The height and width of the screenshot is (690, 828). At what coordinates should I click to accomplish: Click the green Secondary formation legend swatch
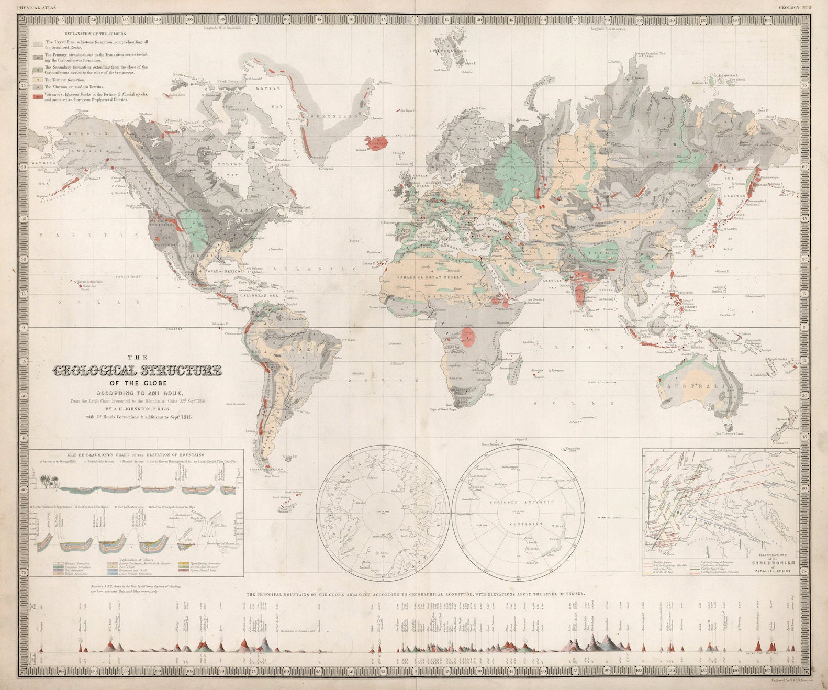click(x=38, y=69)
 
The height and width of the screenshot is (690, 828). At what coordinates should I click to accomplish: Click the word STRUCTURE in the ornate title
click(x=180, y=371)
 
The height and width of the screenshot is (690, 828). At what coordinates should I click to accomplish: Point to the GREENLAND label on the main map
click(x=335, y=116)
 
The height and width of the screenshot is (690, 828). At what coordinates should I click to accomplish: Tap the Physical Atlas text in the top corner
click(x=36, y=8)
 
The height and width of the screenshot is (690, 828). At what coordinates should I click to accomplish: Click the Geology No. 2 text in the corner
click(x=793, y=8)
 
